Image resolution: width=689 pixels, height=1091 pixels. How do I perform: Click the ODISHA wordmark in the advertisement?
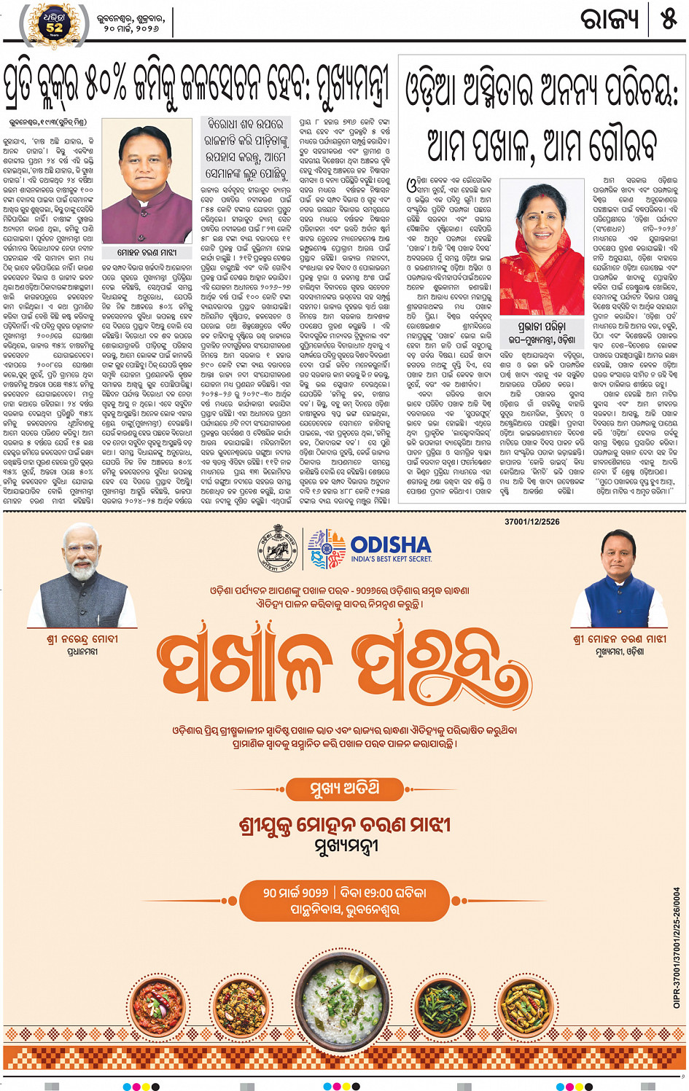pos(391,545)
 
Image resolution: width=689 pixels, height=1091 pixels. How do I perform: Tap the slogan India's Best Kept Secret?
pos(391,559)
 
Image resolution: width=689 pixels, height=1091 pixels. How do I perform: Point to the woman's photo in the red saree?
pos(542,248)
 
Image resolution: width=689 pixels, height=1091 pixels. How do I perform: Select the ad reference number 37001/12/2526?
pos(532,522)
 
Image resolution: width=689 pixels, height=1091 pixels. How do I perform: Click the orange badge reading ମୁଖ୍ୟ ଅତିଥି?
pos(344,789)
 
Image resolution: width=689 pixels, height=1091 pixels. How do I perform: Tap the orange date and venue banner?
pos(344,901)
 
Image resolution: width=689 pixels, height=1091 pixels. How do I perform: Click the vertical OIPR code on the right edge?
pos(677,947)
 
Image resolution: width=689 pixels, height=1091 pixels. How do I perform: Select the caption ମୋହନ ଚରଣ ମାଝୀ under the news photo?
pos(147,252)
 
